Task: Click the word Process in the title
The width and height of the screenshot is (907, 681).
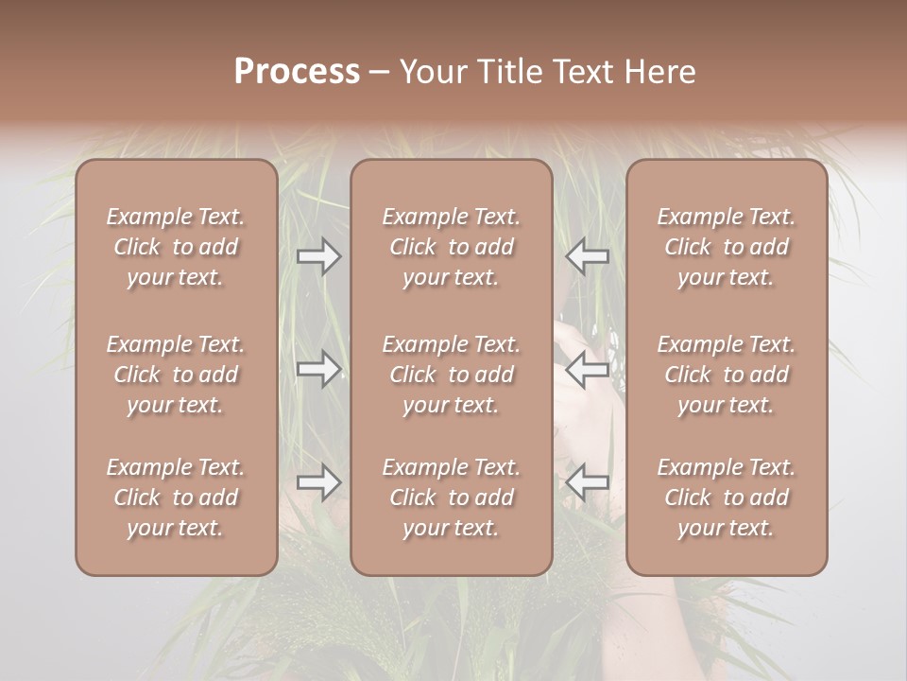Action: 297,71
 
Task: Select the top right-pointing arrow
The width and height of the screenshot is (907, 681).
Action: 319,256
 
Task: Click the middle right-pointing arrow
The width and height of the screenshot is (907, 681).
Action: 319,370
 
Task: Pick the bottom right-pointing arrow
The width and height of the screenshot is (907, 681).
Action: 319,483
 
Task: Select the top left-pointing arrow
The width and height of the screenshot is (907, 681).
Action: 587,256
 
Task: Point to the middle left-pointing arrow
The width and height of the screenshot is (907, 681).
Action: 587,370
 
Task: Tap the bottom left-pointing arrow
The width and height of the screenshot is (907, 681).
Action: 587,483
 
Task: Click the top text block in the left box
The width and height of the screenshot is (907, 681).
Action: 176,247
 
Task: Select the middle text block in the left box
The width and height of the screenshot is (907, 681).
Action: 176,375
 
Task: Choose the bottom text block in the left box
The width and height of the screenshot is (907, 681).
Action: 176,498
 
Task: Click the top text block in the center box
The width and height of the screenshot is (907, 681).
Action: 452,247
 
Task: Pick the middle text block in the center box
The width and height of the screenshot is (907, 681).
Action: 452,375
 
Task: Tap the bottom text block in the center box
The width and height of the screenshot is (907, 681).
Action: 452,498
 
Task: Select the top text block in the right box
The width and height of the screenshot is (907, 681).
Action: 727,247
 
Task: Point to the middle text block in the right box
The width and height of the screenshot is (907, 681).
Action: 727,375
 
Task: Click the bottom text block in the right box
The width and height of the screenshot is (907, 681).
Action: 727,498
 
